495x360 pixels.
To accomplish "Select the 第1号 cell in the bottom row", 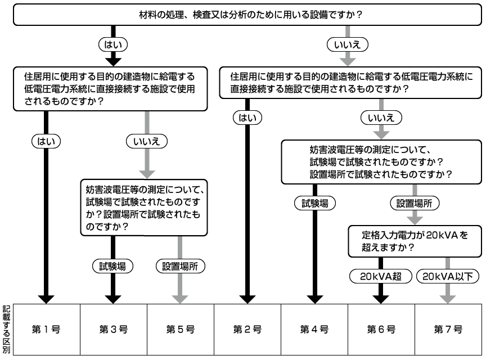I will [47, 329].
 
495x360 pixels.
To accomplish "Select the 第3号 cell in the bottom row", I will [113, 329].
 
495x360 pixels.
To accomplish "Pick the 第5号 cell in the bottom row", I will [180, 329].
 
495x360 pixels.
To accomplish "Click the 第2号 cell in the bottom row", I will [247, 329].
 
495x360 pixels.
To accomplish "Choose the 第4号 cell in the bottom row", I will [314, 329].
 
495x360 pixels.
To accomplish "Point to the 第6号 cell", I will [381, 329].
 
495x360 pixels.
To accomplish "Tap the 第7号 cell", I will [448, 329].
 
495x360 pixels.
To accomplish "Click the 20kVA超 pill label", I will [381, 276].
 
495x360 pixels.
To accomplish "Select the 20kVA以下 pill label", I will [448, 276].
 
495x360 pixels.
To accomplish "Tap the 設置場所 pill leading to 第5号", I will [180, 265].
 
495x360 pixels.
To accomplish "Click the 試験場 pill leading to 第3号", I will [113, 265].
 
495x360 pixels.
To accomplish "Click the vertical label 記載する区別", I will [6, 329].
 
